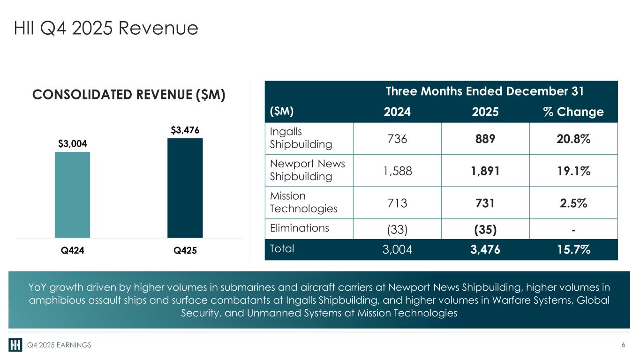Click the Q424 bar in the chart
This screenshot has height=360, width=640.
pyautogui.click(x=72, y=195)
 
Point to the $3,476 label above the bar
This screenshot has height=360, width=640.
pyautogui.click(x=185, y=130)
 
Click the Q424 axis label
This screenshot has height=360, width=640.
pyautogui.click(x=73, y=250)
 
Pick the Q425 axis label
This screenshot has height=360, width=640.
pyautogui.click(x=185, y=250)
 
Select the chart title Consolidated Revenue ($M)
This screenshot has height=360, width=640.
pyautogui.click(x=129, y=95)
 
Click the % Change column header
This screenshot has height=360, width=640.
pyautogui.click(x=573, y=112)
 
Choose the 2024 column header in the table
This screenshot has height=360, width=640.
pyautogui.click(x=397, y=112)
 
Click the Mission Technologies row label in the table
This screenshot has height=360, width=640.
pyautogui.click(x=303, y=202)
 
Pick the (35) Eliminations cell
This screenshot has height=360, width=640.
pyautogui.click(x=485, y=230)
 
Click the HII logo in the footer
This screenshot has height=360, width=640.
pyautogui.click(x=15, y=345)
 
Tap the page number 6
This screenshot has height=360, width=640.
pyautogui.click(x=623, y=345)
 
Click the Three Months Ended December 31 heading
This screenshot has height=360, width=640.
pyautogui.click(x=485, y=91)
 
